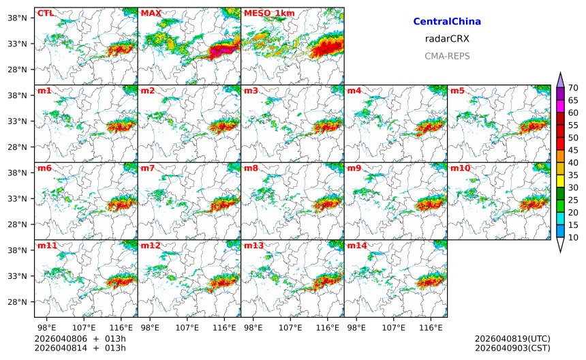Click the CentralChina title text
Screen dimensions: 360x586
tap(447, 22)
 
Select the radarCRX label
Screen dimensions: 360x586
tap(447, 39)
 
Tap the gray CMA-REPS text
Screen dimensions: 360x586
tap(447, 56)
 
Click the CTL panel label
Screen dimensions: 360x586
tap(46, 13)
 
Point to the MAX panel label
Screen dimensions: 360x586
tap(151, 13)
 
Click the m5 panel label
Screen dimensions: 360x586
tap(457, 91)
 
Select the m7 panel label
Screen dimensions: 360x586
tap(148, 168)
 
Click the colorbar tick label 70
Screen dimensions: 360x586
tap(573, 87)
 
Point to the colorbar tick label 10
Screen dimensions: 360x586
tap(573, 237)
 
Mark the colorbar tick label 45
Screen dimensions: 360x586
tap(573, 150)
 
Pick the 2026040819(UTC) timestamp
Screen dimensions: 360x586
tap(512, 339)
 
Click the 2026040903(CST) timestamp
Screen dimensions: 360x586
tap(512, 348)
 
